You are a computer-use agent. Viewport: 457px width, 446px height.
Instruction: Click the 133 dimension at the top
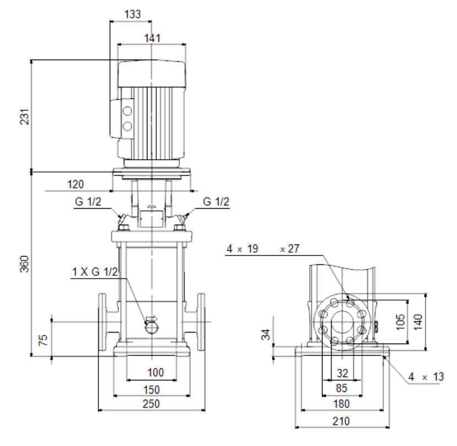(x=132, y=14)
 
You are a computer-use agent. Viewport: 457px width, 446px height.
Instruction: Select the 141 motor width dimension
(x=152, y=38)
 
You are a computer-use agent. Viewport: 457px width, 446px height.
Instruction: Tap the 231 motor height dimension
(x=25, y=117)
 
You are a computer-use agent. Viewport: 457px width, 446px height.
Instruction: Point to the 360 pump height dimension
(x=25, y=264)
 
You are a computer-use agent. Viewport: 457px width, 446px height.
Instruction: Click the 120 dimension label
(x=75, y=184)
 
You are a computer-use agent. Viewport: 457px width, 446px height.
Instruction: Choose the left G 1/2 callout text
(x=88, y=202)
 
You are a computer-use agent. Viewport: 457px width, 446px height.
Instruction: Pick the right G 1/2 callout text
(x=216, y=202)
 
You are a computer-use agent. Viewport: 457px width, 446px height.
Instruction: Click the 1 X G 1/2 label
(x=95, y=271)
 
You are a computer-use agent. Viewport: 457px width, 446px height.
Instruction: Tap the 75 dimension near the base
(x=43, y=340)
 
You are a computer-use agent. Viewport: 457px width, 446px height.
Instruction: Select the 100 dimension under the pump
(x=156, y=372)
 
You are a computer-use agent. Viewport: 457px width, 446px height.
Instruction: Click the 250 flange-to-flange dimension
(x=151, y=404)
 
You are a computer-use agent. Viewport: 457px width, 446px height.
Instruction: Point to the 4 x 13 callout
(x=426, y=377)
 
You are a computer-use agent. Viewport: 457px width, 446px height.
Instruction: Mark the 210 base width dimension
(x=341, y=421)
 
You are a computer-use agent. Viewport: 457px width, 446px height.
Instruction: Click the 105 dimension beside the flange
(x=401, y=322)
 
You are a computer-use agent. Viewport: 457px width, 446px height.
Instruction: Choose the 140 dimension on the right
(x=418, y=322)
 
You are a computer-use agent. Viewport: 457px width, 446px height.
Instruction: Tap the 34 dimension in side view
(x=266, y=335)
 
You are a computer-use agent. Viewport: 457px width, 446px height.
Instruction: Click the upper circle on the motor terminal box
(x=127, y=111)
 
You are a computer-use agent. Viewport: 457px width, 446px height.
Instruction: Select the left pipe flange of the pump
(x=102, y=322)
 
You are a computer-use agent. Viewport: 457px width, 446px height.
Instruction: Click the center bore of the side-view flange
(x=342, y=322)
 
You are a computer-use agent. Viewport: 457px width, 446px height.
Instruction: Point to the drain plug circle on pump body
(x=152, y=328)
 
